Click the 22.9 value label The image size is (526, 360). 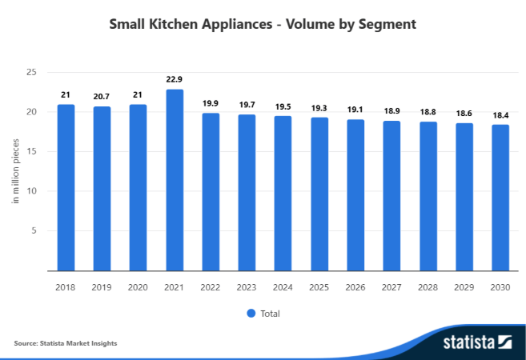tap(175, 78)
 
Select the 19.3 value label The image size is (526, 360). tap(319, 107)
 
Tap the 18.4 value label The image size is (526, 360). tap(500, 115)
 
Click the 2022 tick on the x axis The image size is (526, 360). tap(211, 286)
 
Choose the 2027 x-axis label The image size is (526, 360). tap(391, 286)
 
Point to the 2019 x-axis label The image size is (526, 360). tap(102, 286)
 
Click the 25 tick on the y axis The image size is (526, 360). tap(33, 72)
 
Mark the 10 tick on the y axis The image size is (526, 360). tap(33, 191)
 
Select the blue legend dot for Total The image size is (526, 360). tap(251, 313)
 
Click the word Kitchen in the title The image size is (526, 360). tap(173, 24)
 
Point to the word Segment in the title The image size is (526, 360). tap(387, 24)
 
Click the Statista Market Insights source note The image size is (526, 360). tap(66, 342)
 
